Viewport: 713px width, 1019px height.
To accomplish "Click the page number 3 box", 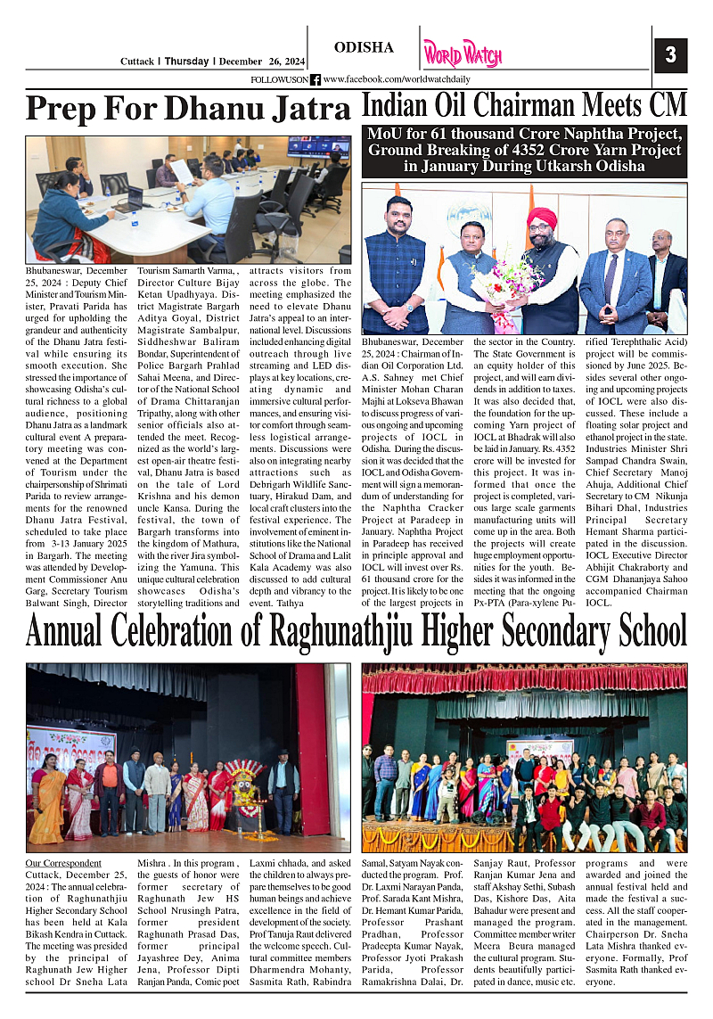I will (670, 55).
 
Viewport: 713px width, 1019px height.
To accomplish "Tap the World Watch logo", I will (463, 54).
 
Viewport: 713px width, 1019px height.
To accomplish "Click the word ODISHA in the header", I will (364, 47).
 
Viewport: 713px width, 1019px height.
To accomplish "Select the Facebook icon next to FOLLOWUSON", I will (316, 79).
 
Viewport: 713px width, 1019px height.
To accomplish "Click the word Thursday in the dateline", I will (187, 62).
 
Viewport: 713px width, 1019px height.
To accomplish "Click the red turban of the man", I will (542, 218).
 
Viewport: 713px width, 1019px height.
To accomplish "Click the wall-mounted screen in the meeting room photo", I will (318, 146).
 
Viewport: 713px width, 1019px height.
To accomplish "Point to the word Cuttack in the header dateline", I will (138, 62).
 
